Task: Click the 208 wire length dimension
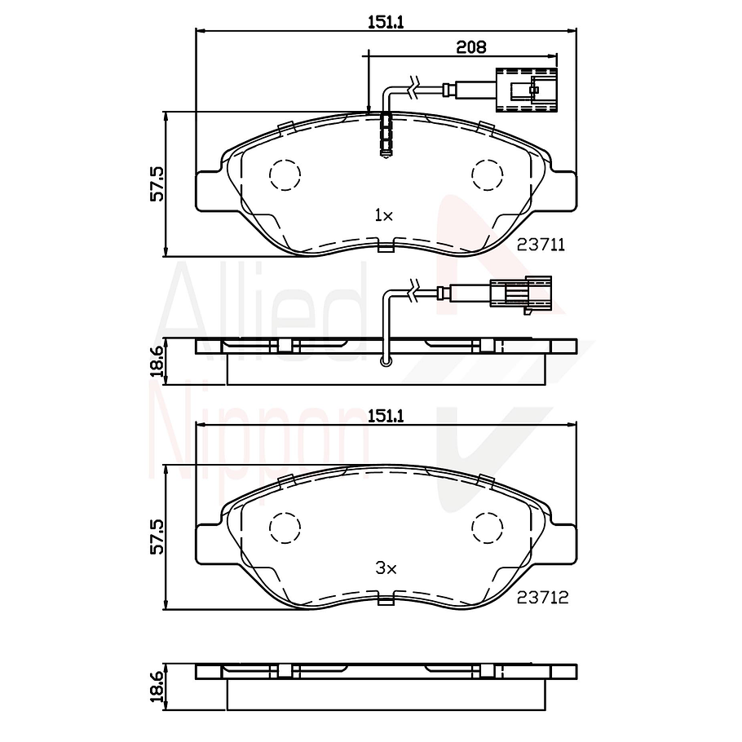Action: [471, 47]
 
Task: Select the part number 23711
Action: [541, 244]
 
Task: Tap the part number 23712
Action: [542, 597]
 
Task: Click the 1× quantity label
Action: [383, 215]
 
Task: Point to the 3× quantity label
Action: [384, 568]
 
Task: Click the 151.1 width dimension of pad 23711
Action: [386, 24]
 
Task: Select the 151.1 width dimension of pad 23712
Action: [386, 416]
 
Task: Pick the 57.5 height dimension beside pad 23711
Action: [157, 183]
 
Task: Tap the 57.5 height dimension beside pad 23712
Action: [157, 537]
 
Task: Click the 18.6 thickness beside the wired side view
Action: [157, 360]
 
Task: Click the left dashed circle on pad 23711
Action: [285, 174]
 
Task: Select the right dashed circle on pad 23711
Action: [488, 174]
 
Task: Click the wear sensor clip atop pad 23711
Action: [386, 134]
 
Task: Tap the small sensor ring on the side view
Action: [386, 360]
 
